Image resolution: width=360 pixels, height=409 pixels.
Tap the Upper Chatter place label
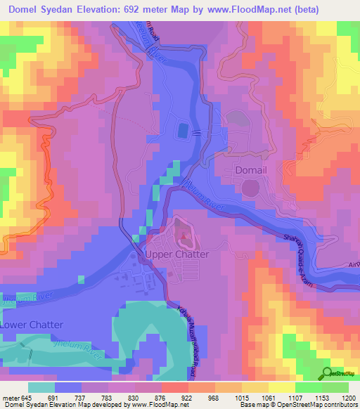coord(176,254)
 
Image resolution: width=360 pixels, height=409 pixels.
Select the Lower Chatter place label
coord(32,325)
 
